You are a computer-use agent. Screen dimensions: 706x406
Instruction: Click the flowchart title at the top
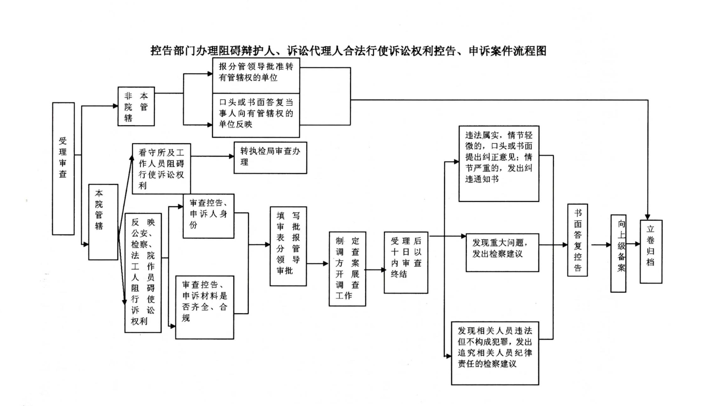click(348, 51)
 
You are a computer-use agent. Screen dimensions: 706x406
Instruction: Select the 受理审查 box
click(63, 168)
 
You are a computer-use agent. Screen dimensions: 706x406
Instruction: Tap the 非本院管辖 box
click(136, 106)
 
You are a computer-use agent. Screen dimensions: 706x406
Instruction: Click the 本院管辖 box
click(103, 222)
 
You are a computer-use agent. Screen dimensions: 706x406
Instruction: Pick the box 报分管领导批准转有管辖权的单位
click(256, 76)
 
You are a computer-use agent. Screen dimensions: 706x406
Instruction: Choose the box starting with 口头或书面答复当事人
click(256, 115)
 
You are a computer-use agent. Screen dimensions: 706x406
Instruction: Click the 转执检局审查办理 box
click(270, 158)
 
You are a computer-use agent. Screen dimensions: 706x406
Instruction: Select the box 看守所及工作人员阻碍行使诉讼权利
click(161, 169)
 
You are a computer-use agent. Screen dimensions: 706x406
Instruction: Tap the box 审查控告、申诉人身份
click(209, 216)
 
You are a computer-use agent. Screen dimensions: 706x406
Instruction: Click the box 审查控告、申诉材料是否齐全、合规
click(205, 307)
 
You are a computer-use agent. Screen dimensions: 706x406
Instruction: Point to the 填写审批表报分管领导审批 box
click(288, 246)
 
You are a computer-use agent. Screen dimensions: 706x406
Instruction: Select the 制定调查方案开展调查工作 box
click(347, 269)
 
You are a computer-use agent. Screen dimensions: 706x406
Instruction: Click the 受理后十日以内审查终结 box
click(406, 263)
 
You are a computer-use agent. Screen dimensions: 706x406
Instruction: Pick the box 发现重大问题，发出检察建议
click(502, 252)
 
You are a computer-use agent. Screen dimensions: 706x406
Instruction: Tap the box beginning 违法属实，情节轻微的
click(499, 164)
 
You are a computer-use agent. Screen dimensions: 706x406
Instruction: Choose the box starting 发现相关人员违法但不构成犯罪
click(495, 353)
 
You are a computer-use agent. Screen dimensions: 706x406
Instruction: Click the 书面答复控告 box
click(578, 240)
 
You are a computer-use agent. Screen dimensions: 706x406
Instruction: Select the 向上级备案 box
click(618, 253)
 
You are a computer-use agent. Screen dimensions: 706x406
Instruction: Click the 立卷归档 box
click(651, 251)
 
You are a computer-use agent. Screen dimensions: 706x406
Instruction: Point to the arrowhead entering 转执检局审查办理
click(232, 156)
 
